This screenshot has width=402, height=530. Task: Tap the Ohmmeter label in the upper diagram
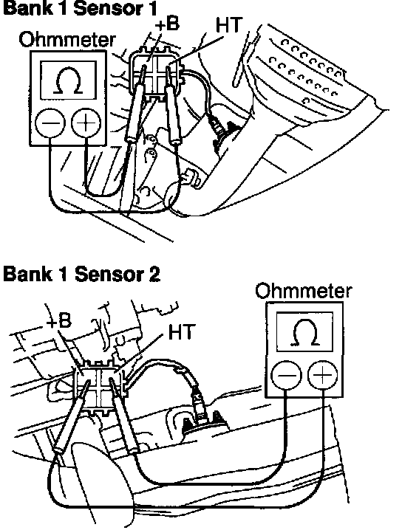click(x=67, y=40)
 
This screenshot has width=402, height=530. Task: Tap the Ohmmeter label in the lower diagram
click(x=304, y=291)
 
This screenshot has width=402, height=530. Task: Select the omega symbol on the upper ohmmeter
click(x=68, y=80)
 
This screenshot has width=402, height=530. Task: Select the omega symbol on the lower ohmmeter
click(x=305, y=332)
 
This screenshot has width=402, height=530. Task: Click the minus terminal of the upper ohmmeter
click(x=50, y=123)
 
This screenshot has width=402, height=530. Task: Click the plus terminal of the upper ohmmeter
click(x=86, y=123)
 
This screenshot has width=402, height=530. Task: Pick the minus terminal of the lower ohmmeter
click(x=286, y=375)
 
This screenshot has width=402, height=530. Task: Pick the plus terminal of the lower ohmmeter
click(x=322, y=375)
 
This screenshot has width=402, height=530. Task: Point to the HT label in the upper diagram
click(x=229, y=24)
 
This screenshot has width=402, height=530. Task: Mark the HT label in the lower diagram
click(x=181, y=331)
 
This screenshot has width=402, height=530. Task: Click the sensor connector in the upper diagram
click(x=156, y=75)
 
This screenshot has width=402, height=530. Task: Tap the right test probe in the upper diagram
click(x=172, y=106)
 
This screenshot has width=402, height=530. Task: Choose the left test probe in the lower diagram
click(x=72, y=418)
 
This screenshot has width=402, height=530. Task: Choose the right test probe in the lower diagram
click(x=124, y=416)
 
